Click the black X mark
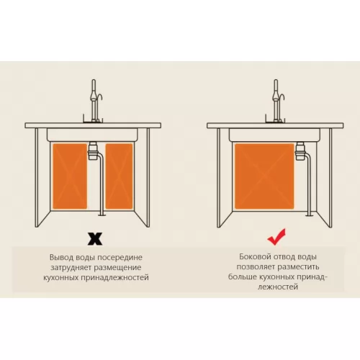pyautogui.click(x=95, y=238)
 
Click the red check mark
pyautogui.click(x=276, y=237)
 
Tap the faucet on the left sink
pyautogui.click(x=94, y=101)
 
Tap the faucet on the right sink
pyautogui.click(x=276, y=101)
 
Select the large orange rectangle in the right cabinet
pyautogui.click(x=264, y=176)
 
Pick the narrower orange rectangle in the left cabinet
pyautogui.click(x=119, y=176)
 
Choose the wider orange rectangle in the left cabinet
pyautogui.click(x=70, y=176)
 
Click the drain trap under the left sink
pyautogui.click(x=93, y=150)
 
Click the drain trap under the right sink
pyautogui.click(x=300, y=150)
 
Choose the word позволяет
pyautogui.click(x=256, y=266)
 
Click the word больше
pyautogui.click(x=241, y=276)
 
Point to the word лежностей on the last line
pyautogui.click(x=278, y=287)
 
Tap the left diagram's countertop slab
pyautogui.click(x=93, y=125)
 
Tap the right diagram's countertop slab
pyautogui.click(x=275, y=125)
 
